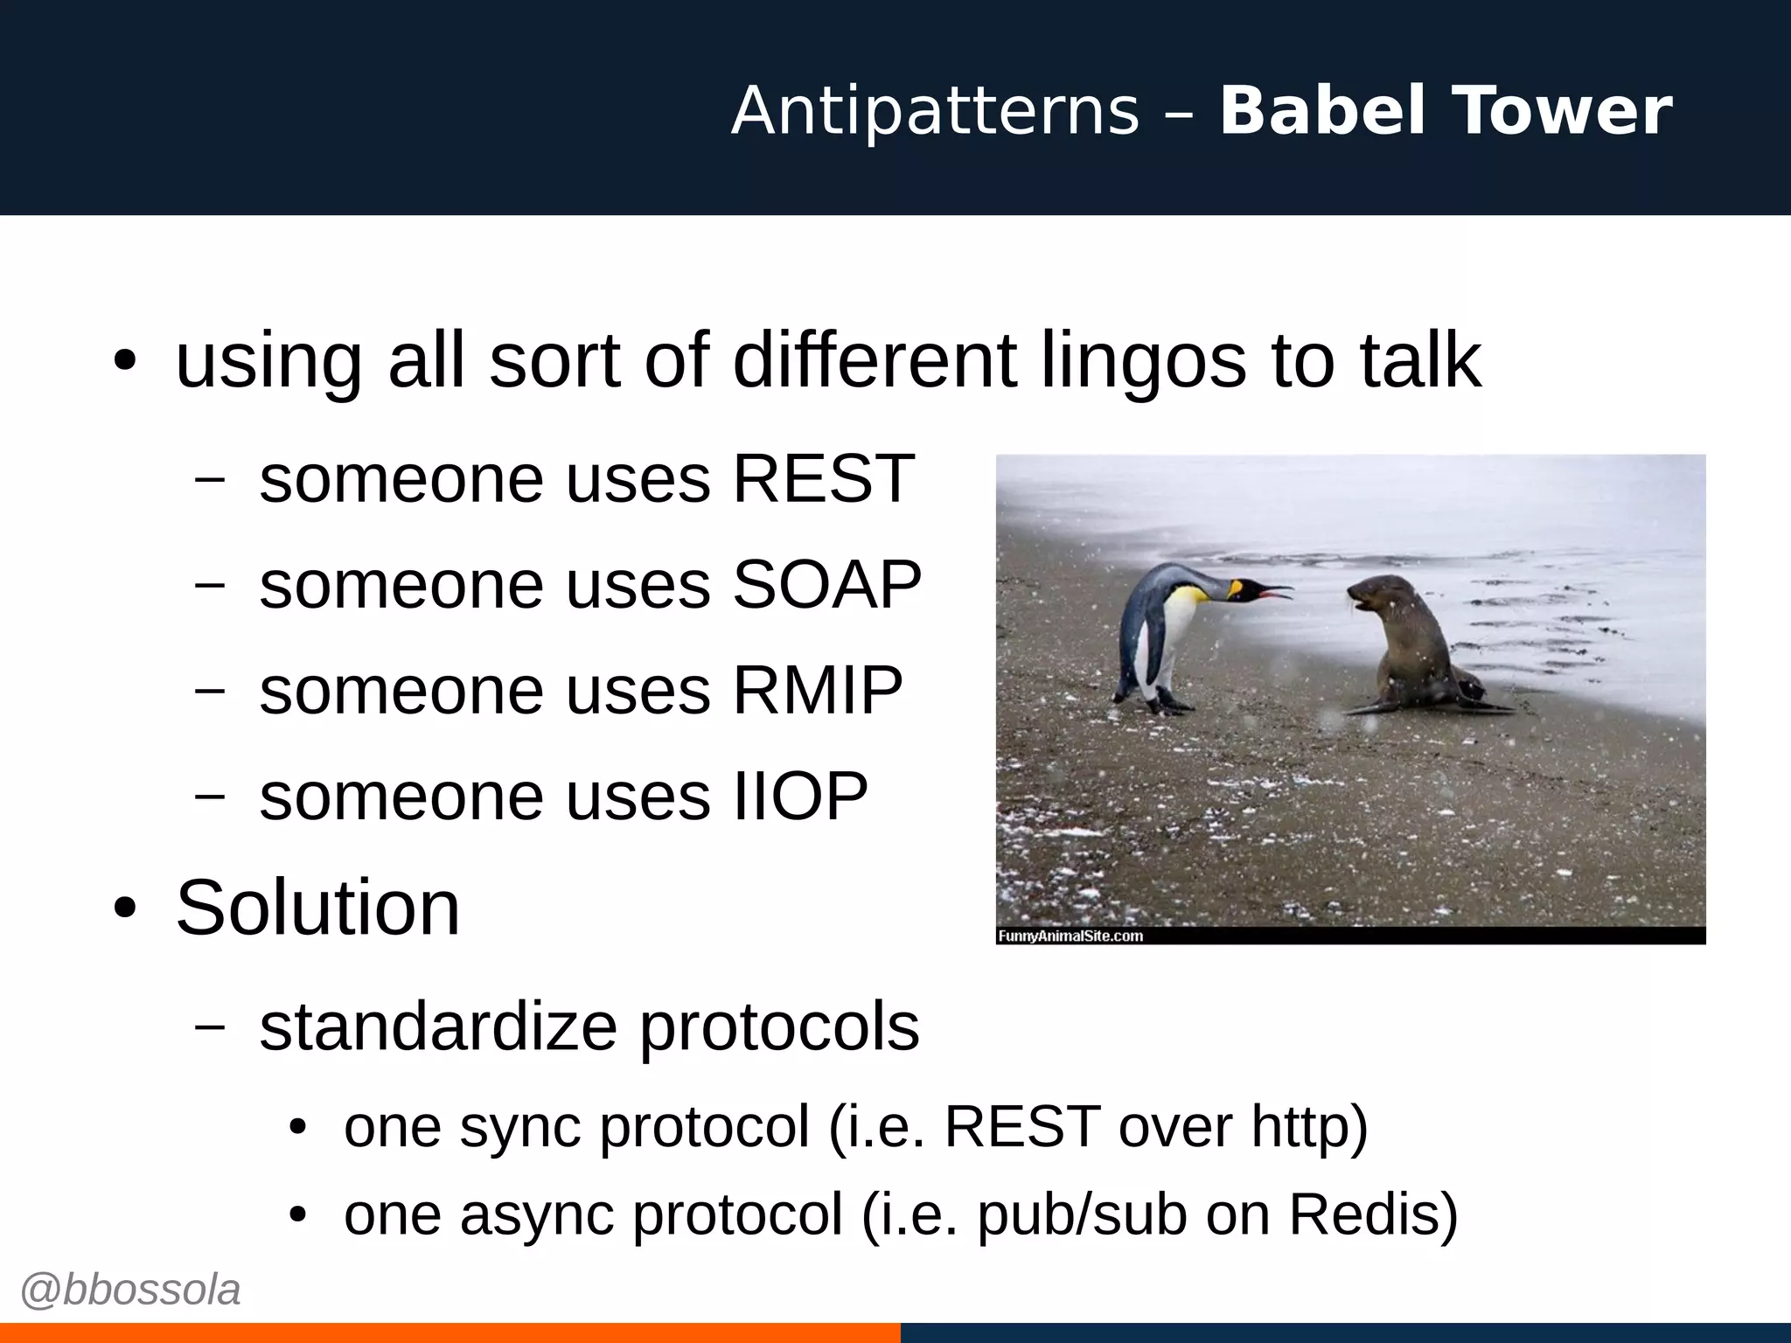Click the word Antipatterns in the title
935,111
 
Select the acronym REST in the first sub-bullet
823,479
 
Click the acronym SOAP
826,584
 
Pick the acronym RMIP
817,690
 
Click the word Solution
317,908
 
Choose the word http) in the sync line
1309,1126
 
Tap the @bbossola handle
130,1291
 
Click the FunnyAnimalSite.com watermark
1070,936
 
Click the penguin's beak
1268,593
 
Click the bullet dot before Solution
125,908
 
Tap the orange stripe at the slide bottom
449,1333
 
